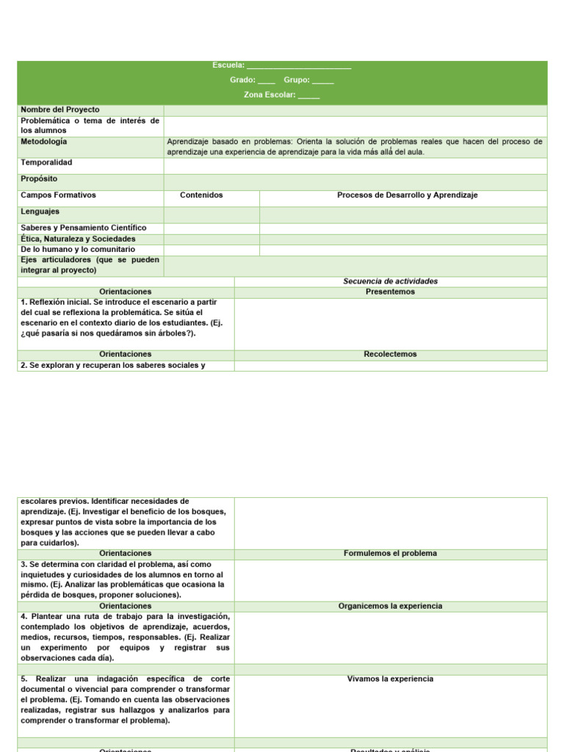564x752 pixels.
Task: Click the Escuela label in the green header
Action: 228,66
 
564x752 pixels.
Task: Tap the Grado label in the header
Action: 242,80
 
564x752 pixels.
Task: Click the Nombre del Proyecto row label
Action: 60,109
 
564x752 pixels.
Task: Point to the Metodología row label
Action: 44,141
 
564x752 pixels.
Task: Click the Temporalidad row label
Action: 47,162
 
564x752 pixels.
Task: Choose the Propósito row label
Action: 40,178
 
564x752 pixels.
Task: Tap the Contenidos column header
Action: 201,195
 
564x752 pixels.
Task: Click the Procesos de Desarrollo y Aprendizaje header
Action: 408,195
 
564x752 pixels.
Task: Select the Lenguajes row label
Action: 40,211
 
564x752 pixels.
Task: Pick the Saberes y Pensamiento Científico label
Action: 84,228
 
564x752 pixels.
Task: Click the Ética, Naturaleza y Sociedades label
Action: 79,239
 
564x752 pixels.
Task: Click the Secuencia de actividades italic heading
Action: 390,281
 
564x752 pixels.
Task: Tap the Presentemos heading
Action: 390,292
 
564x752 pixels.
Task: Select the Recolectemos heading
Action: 390,354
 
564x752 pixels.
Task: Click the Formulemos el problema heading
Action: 390,553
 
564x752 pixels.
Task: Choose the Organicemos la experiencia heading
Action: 390,606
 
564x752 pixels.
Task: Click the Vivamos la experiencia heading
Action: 390,679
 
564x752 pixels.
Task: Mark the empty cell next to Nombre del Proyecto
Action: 355,110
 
